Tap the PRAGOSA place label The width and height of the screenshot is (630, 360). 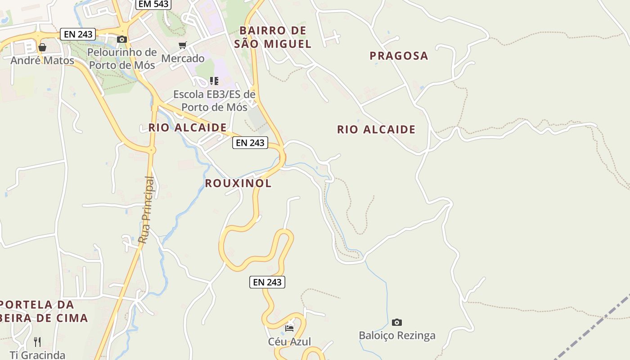click(399, 56)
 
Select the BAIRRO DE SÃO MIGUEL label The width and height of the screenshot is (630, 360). click(273, 37)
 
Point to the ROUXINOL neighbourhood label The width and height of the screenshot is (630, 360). click(238, 183)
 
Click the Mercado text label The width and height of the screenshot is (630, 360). click(183, 58)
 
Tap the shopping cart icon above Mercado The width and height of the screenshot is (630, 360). click(182, 45)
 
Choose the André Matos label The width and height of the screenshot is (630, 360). click(42, 60)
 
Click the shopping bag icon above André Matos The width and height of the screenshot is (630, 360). click(42, 47)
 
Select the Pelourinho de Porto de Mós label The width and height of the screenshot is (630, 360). click(122, 58)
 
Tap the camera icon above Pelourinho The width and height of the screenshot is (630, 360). click(122, 40)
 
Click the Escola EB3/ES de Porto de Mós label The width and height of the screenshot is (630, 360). click(214, 101)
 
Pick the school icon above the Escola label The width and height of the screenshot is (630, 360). click(214, 81)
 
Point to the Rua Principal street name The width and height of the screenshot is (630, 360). click(146, 210)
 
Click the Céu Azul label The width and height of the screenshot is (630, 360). click(290, 342)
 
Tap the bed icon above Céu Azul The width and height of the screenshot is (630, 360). click(289, 328)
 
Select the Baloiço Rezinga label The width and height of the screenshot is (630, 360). click(397, 336)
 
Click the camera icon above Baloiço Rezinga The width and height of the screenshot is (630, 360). click(396, 322)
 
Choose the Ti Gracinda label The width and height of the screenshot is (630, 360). click(37, 355)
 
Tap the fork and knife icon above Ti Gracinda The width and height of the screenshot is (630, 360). click(37, 342)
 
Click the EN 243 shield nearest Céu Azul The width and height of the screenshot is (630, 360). click(267, 282)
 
